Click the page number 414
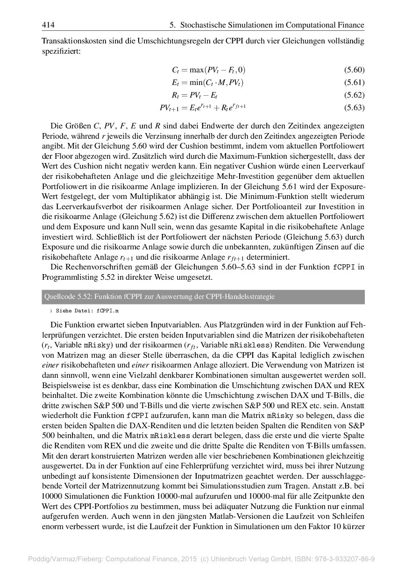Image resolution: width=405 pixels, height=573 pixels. point(48,25)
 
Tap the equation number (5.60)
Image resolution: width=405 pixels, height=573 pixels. point(354,70)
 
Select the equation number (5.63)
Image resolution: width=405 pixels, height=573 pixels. point(354,108)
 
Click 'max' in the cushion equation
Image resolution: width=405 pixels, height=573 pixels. point(195,70)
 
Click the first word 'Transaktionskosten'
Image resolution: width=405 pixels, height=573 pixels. point(71,41)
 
